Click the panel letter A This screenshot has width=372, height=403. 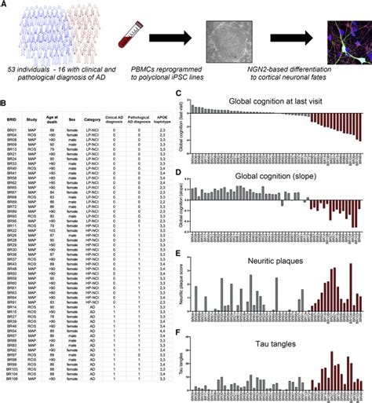[6, 5]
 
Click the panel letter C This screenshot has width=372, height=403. [180, 94]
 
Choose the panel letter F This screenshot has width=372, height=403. [180, 321]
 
